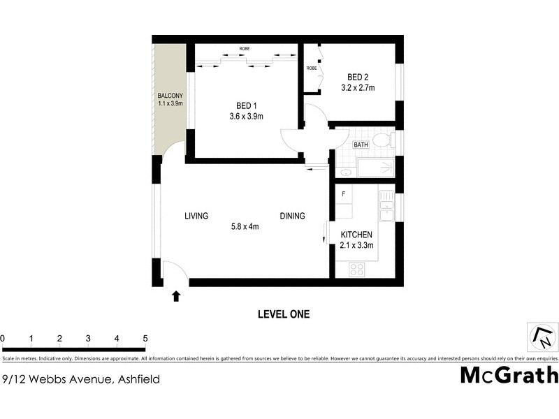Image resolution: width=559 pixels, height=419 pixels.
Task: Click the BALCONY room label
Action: [170, 96]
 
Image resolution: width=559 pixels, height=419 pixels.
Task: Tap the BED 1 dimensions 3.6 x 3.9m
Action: [246, 117]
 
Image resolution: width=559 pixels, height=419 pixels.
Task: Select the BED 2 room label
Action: [358, 77]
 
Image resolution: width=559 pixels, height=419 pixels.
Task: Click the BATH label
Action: [361, 145]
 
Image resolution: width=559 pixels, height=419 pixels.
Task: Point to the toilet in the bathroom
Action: [381, 141]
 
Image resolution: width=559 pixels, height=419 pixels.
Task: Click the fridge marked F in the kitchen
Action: [343, 193]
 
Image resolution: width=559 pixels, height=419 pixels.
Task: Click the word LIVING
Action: [196, 216]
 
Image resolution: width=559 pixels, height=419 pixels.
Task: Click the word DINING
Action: [292, 216]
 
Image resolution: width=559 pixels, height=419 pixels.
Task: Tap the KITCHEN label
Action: [356, 235]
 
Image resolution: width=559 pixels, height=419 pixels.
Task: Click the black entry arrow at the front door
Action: [175, 296]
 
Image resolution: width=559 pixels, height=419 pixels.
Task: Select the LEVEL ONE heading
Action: [284, 314]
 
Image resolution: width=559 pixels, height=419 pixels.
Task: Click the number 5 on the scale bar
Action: [145, 339]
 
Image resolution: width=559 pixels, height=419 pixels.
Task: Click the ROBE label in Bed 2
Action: [312, 68]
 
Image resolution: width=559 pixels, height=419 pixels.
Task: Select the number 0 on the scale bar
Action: [3, 339]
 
